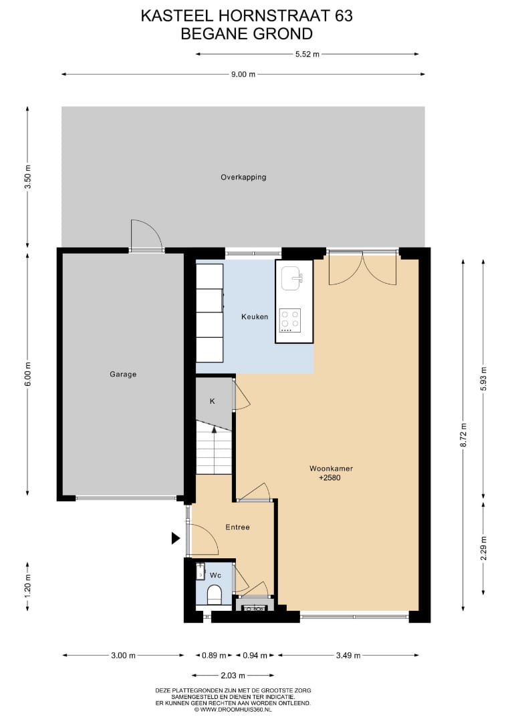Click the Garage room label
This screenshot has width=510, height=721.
point(123,375)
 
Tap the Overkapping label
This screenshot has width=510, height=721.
point(243,177)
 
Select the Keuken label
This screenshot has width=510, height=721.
point(255,317)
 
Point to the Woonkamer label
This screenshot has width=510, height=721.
point(331,469)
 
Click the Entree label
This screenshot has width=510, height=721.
point(237,527)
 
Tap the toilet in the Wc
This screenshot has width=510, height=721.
point(214,595)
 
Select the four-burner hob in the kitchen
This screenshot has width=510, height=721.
point(290,320)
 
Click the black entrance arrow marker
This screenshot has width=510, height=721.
point(176,538)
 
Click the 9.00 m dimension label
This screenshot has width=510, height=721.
point(243,75)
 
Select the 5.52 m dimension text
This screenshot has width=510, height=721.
point(307,54)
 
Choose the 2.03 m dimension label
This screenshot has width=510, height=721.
point(233,676)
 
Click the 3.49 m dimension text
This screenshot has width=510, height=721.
point(348,656)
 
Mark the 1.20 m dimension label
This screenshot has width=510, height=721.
point(27,586)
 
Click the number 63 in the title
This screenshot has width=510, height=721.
point(344,16)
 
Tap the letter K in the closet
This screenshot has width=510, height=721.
point(212,401)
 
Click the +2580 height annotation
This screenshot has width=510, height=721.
point(330,478)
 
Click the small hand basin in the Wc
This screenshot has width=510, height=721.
point(201,571)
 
